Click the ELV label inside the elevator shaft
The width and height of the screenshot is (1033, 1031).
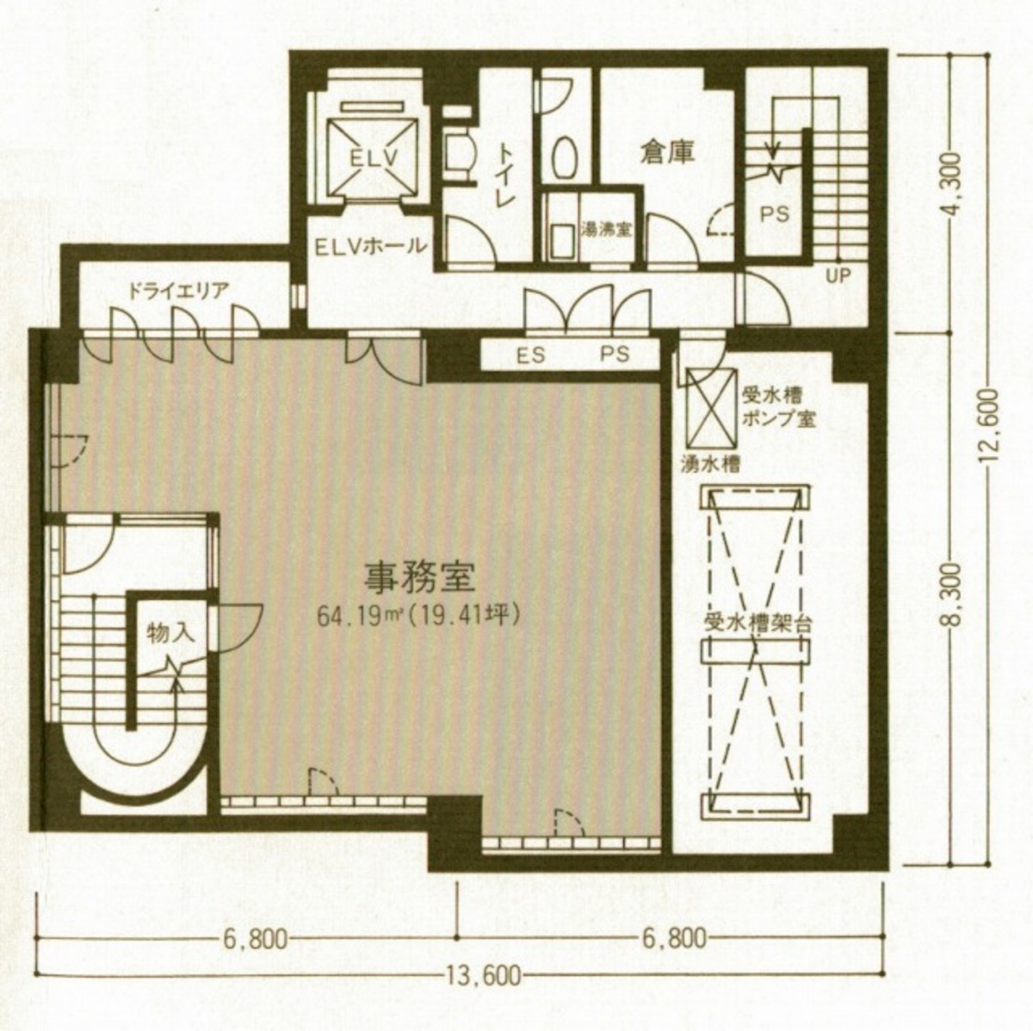pos(374,158)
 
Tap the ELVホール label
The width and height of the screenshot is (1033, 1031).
pos(370,246)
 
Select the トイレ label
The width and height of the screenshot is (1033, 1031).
pos(506,173)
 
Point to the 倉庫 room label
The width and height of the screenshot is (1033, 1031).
pos(667,153)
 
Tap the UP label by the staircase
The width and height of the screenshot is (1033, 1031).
pos(838,276)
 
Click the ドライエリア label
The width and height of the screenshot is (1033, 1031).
pos(178,291)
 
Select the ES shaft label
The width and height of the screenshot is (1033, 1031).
pos(531,355)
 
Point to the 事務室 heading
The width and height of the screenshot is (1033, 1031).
pos(420,577)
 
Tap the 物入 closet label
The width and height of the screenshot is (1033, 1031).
pos(169,633)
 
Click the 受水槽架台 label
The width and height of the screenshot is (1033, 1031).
pos(758,625)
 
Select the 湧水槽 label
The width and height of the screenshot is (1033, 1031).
pos(710,464)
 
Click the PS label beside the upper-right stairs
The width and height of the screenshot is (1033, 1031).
pos(776,214)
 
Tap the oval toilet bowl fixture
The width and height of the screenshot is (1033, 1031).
pos(562,158)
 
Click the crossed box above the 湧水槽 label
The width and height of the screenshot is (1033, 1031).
pos(709,409)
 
